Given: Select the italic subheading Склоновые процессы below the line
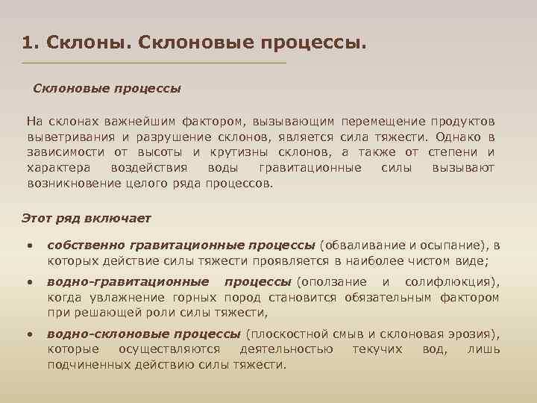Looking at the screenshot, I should pos(107,88).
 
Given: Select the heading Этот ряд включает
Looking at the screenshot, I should pos(87,218).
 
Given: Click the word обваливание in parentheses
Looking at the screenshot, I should pos(360,246).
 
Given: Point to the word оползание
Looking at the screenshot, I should pos(334,282).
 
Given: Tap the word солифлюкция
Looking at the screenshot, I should pos(449,282).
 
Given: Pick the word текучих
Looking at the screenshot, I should pos(377,349).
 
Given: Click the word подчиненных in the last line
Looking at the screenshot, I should pos(86,364).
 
